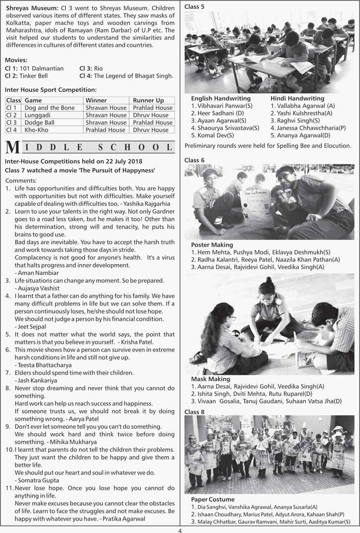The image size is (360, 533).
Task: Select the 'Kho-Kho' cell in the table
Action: pos(36,130)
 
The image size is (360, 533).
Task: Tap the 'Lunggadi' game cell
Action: pos(38,115)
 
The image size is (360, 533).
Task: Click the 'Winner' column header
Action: pos(96,100)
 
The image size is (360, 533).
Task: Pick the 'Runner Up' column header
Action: pos(148,100)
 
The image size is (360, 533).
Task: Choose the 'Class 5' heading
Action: pos(194,6)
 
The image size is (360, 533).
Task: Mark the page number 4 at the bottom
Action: pos(180,530)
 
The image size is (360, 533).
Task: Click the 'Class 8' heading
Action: pos(194,412)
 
